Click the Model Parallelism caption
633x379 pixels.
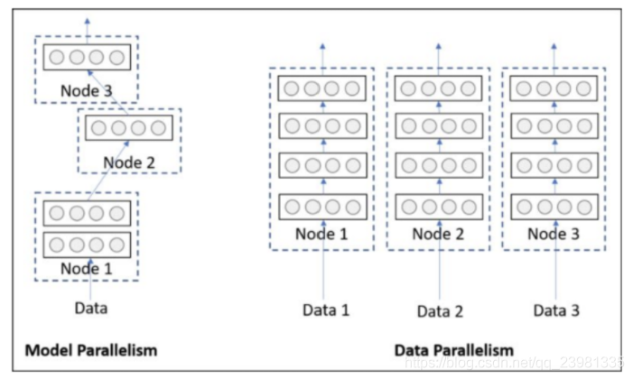click(x=91, y=350)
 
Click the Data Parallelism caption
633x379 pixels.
click(x=454, y=350)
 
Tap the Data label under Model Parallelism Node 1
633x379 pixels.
click(x=91, y=308)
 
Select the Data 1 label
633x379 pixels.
click(x=326, y=310)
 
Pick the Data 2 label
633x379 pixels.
click(x=440, y=311)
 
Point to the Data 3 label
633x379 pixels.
click(x=556, y=310)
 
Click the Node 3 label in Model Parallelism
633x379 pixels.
click(x=87, y=91)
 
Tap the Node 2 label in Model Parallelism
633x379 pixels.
click(x=129, y=162)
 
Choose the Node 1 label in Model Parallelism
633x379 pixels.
click(x=87, y=269)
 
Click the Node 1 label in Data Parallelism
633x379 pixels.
click(x=321, y=234)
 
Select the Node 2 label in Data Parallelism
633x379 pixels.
click(x=438, y=234)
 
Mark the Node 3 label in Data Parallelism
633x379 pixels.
click(x=554, y=234)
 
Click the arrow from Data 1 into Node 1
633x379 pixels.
click(x=323, y=260)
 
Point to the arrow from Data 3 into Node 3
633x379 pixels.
click(x=556, y=260)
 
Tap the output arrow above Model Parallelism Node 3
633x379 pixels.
click(x=88, y=31)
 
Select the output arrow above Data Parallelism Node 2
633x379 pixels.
click(x=439, y=60)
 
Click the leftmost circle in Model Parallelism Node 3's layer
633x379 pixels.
click(x=57, y=58)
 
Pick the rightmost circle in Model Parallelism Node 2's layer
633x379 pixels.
click(x=158, y=128)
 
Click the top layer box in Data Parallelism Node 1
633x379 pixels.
click(x=322, y=88)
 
